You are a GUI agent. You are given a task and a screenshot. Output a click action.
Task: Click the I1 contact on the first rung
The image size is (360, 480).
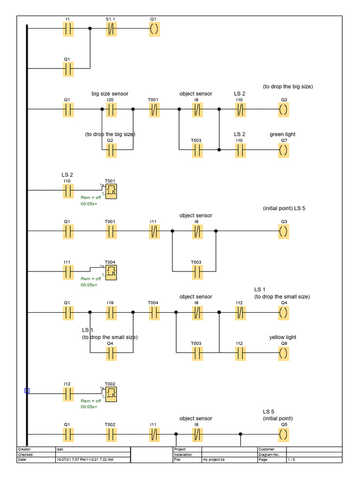point(69,29)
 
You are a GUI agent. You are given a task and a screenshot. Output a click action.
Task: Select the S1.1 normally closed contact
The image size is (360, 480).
point(111,29)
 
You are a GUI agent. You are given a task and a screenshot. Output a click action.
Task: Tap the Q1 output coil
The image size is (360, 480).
point(154,29)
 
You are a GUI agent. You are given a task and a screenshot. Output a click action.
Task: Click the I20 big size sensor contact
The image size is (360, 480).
point(111,110)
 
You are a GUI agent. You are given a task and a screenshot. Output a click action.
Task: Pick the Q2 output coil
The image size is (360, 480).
point(284,110)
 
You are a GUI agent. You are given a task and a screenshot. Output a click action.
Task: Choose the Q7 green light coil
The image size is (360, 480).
point(284,150)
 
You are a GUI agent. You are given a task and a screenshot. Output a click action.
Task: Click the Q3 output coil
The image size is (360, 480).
point(284,231)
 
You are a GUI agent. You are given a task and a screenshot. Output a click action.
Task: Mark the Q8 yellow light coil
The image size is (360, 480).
point(284,353)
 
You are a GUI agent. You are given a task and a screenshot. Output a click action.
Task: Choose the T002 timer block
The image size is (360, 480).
point(112,394)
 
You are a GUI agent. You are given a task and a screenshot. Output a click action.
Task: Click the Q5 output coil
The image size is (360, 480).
point(284,434)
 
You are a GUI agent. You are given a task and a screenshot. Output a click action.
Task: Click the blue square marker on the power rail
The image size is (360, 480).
point(27,390)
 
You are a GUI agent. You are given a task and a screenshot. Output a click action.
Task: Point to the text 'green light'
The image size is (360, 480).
point(282,135)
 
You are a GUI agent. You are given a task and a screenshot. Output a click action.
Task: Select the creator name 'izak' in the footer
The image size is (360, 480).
point(59,450)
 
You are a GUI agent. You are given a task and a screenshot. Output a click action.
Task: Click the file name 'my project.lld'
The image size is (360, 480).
point(213,460)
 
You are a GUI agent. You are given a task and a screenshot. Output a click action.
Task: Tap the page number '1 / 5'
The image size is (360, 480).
point(292,460)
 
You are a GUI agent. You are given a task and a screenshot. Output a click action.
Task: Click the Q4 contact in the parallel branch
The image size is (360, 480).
point(111,353)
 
